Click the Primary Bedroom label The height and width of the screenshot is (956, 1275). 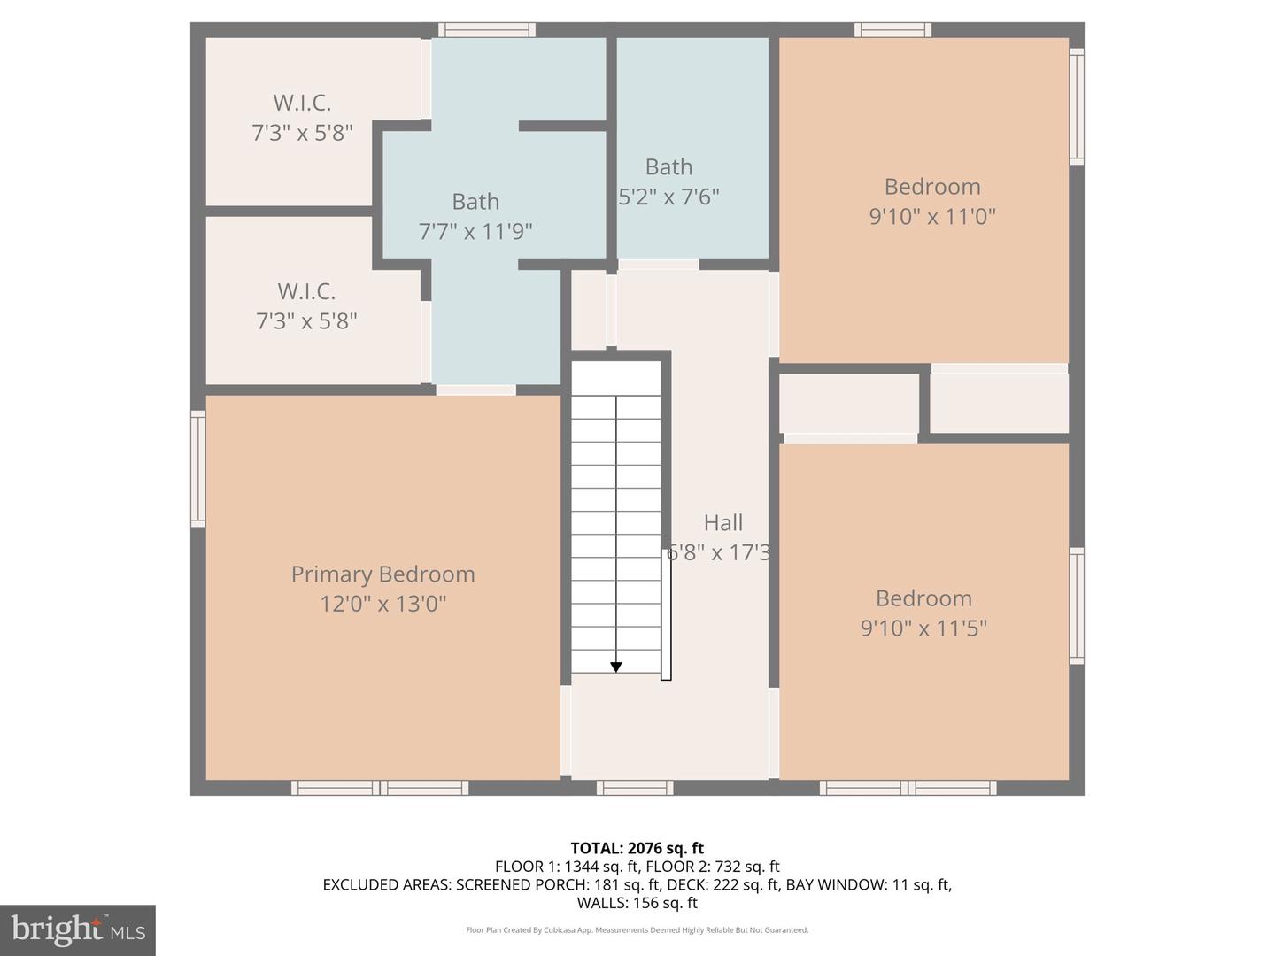point(382,574)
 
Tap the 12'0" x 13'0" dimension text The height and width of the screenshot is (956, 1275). point(382,604)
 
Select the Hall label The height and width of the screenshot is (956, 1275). point(722,523)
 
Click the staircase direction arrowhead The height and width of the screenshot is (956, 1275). point(615,667)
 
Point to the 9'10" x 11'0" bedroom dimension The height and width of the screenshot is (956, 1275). point(931,216)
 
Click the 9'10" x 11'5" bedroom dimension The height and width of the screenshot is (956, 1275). point(923,628)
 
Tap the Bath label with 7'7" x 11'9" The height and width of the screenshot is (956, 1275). point(475,202)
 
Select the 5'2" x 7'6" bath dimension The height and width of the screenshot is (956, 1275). point(668,197)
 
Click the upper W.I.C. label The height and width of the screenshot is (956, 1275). point(302,103)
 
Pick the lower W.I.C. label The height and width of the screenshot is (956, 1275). point(306,291)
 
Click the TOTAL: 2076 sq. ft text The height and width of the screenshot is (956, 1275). point(637,848)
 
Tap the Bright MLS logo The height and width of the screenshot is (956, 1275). point(78,929)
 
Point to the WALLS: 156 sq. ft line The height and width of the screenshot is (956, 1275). point(637,903)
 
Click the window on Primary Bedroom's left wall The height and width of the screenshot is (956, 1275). point(198,468)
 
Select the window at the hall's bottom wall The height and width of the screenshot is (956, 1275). point(634,787)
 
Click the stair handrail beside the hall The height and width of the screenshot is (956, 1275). point(666,614)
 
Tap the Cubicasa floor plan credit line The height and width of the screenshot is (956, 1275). point(637,930)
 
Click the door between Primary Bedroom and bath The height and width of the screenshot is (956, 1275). point(475,389)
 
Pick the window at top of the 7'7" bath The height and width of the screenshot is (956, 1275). point(487,30)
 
